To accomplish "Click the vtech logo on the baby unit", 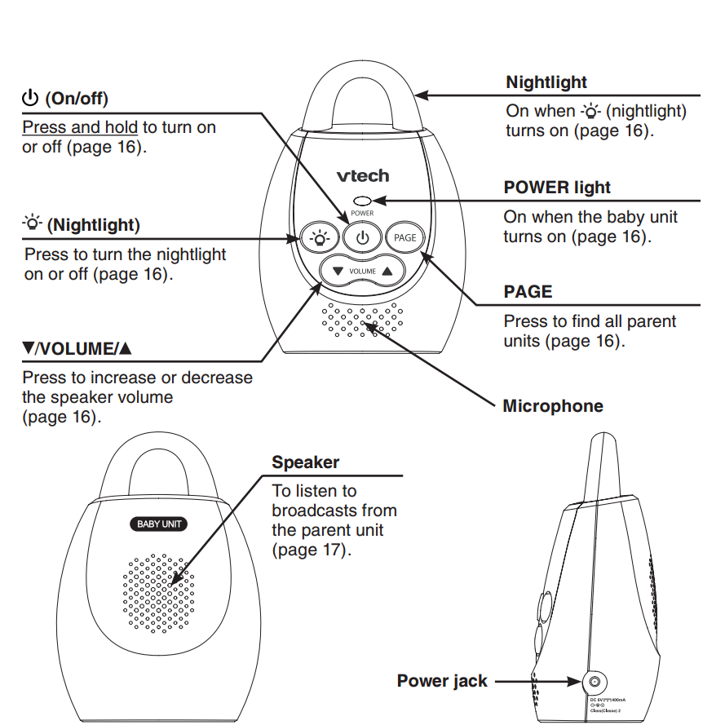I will click(x=363, y=175).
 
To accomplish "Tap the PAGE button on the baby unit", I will click(x=404, y=238).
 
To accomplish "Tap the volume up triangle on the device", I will click(x=387, y=270).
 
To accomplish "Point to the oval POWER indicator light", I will click(x=363, y=200).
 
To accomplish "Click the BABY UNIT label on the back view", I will click(x=160, y=524).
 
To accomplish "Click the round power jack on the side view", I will click(x=595, y=681).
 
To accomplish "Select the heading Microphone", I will click(x=553, y=406).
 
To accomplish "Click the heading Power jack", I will click(x=442, y=681).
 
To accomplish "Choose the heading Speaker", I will click(x=305, y=462).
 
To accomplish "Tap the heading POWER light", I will click(x=557, y=187).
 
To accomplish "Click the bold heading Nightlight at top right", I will click(x=546, y=82).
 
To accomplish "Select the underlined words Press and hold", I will click(x=80, y=127).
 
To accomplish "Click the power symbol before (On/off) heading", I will click(x=31, y=99).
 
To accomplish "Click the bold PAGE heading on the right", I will click(x=528, y=292).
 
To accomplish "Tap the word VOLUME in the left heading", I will click(x=77, y=349).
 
